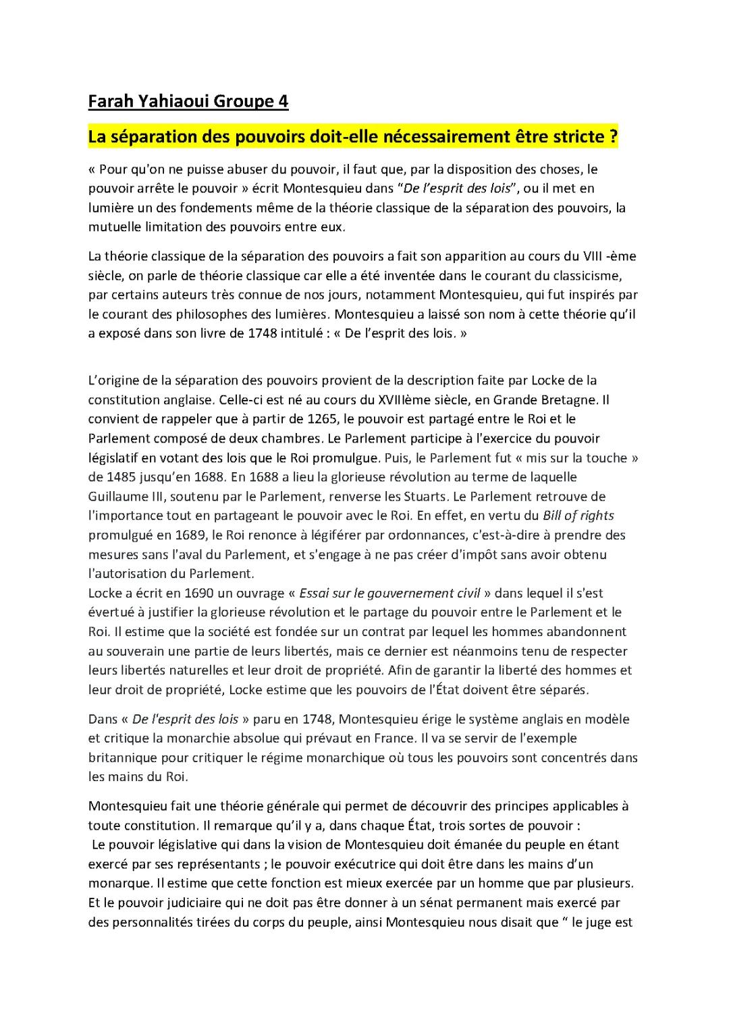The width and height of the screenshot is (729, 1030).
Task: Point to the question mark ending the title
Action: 613,137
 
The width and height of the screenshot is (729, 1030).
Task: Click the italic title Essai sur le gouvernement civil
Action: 389,594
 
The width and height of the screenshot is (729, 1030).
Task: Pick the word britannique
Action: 122,757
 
